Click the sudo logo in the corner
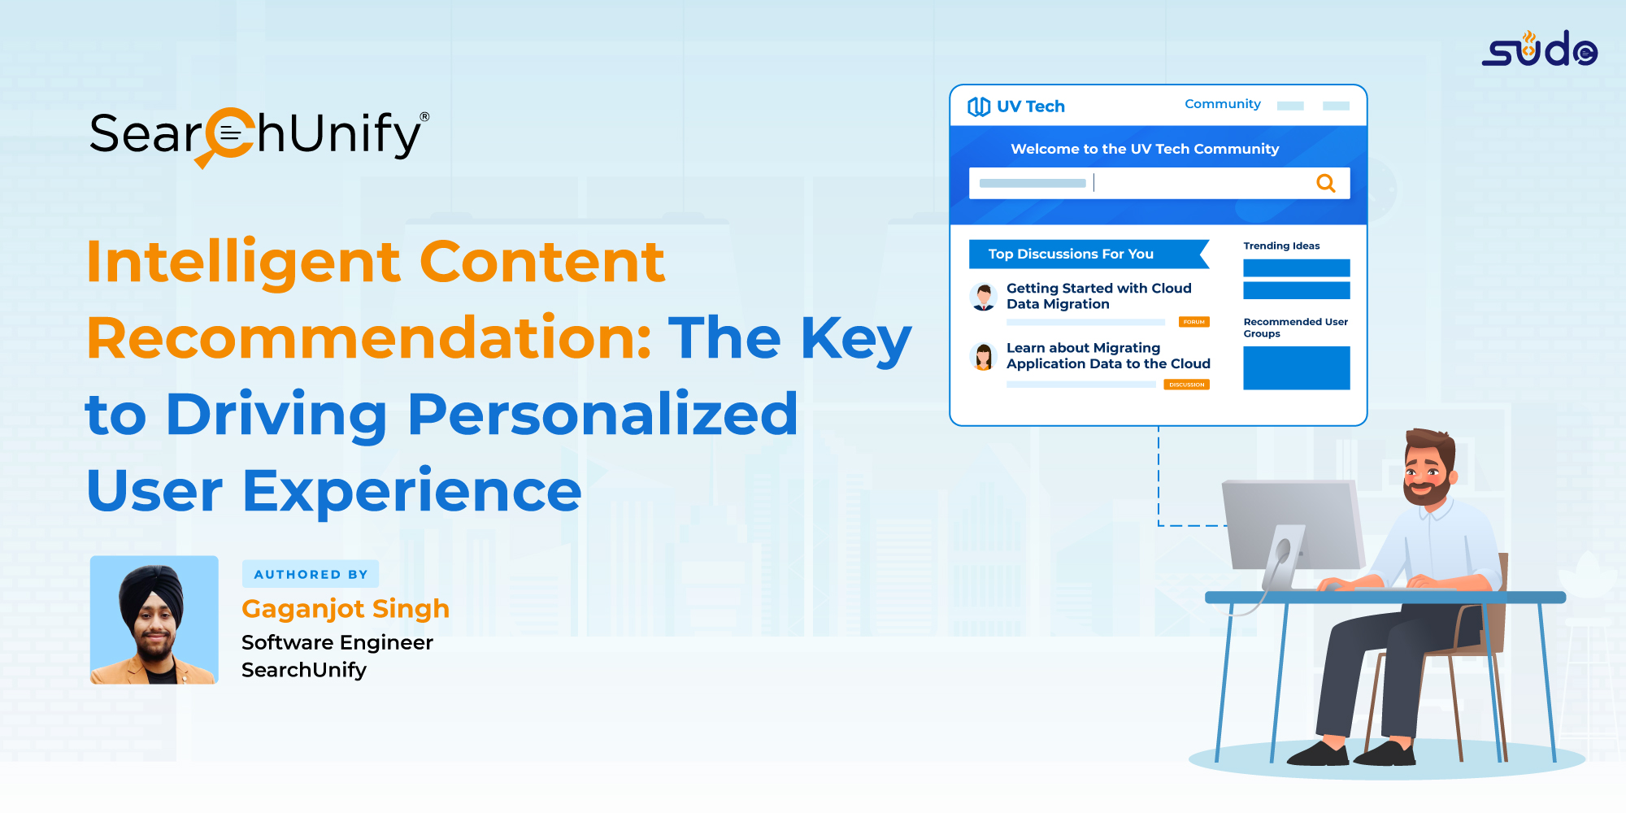[1539, 49]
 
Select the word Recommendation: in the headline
[369, 338]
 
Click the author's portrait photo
[154, 620]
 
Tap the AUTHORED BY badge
[311, 574]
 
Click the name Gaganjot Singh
[346, 609]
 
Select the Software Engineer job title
[337, 642]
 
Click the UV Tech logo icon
[979, 107]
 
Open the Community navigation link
[1223, 104]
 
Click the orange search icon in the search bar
[1326, 183]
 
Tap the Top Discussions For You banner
[1089, 254]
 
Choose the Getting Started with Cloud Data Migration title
[1099, 296]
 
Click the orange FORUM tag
[1194, 322]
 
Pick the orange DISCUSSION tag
[1187, 385]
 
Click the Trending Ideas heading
[1281, 246]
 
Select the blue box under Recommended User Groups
[1297, 368]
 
